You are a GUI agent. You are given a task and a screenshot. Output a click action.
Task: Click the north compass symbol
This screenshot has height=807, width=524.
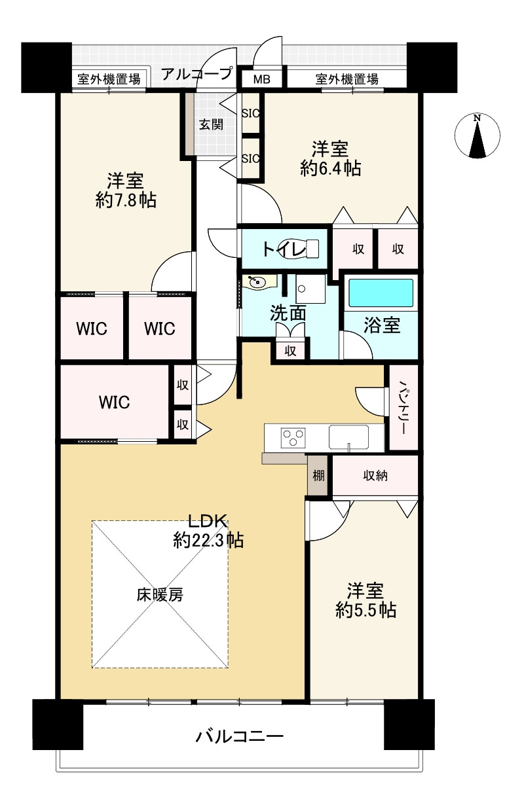pos(477,135)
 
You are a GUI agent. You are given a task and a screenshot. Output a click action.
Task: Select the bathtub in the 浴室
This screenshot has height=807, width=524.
pos(381,293)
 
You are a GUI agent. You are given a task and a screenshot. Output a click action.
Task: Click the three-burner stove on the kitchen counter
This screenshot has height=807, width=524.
pos(293,438)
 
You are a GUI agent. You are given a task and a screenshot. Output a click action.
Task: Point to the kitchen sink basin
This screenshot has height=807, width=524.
pos(348,437)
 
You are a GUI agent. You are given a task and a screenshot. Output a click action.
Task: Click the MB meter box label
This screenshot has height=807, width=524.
pos(261,79)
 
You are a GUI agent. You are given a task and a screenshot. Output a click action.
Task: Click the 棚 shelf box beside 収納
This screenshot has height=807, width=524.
pos(318,476)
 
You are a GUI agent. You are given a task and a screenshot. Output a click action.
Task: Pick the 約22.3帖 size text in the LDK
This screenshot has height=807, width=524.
pos(208,541)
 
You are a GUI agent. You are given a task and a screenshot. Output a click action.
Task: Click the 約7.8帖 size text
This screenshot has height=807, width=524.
pos(126,200)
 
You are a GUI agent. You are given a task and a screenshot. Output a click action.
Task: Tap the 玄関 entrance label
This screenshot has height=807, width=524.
pos(212,124)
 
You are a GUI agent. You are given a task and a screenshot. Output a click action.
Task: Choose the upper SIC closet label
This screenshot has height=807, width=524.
pos(251,113)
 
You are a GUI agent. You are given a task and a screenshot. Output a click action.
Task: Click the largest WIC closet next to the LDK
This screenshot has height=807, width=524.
pos(115,402)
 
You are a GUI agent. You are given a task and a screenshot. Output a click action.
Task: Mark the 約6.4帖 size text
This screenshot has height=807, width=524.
pos(331,168)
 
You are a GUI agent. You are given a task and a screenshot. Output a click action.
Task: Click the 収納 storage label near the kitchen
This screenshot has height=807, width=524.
pos(375,476)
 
